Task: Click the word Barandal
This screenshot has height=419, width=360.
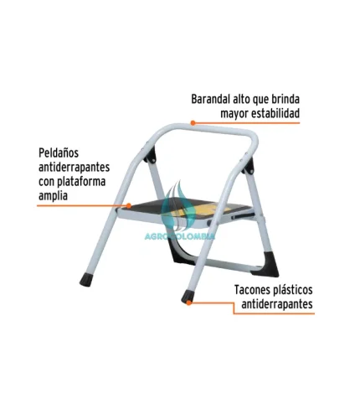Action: coord(209,99)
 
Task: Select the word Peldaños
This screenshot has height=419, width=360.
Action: coord(59,153)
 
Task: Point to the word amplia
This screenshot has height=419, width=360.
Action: coord(53,195)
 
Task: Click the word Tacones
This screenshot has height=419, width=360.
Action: coord(254,290)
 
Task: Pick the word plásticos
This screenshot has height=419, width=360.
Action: coord(294,291)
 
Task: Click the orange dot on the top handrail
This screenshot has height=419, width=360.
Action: coord(193,122)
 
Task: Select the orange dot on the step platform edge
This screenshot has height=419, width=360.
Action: coord(129,206)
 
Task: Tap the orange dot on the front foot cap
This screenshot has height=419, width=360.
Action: coord(189,303)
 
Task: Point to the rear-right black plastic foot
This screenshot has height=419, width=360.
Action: coord(266,264)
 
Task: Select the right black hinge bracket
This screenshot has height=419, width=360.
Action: coord(249,166)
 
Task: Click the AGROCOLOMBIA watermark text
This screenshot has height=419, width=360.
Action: coord(180,236)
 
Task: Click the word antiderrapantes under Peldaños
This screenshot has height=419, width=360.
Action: coord(74,168)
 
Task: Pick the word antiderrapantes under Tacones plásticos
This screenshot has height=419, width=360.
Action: coord(277,304)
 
